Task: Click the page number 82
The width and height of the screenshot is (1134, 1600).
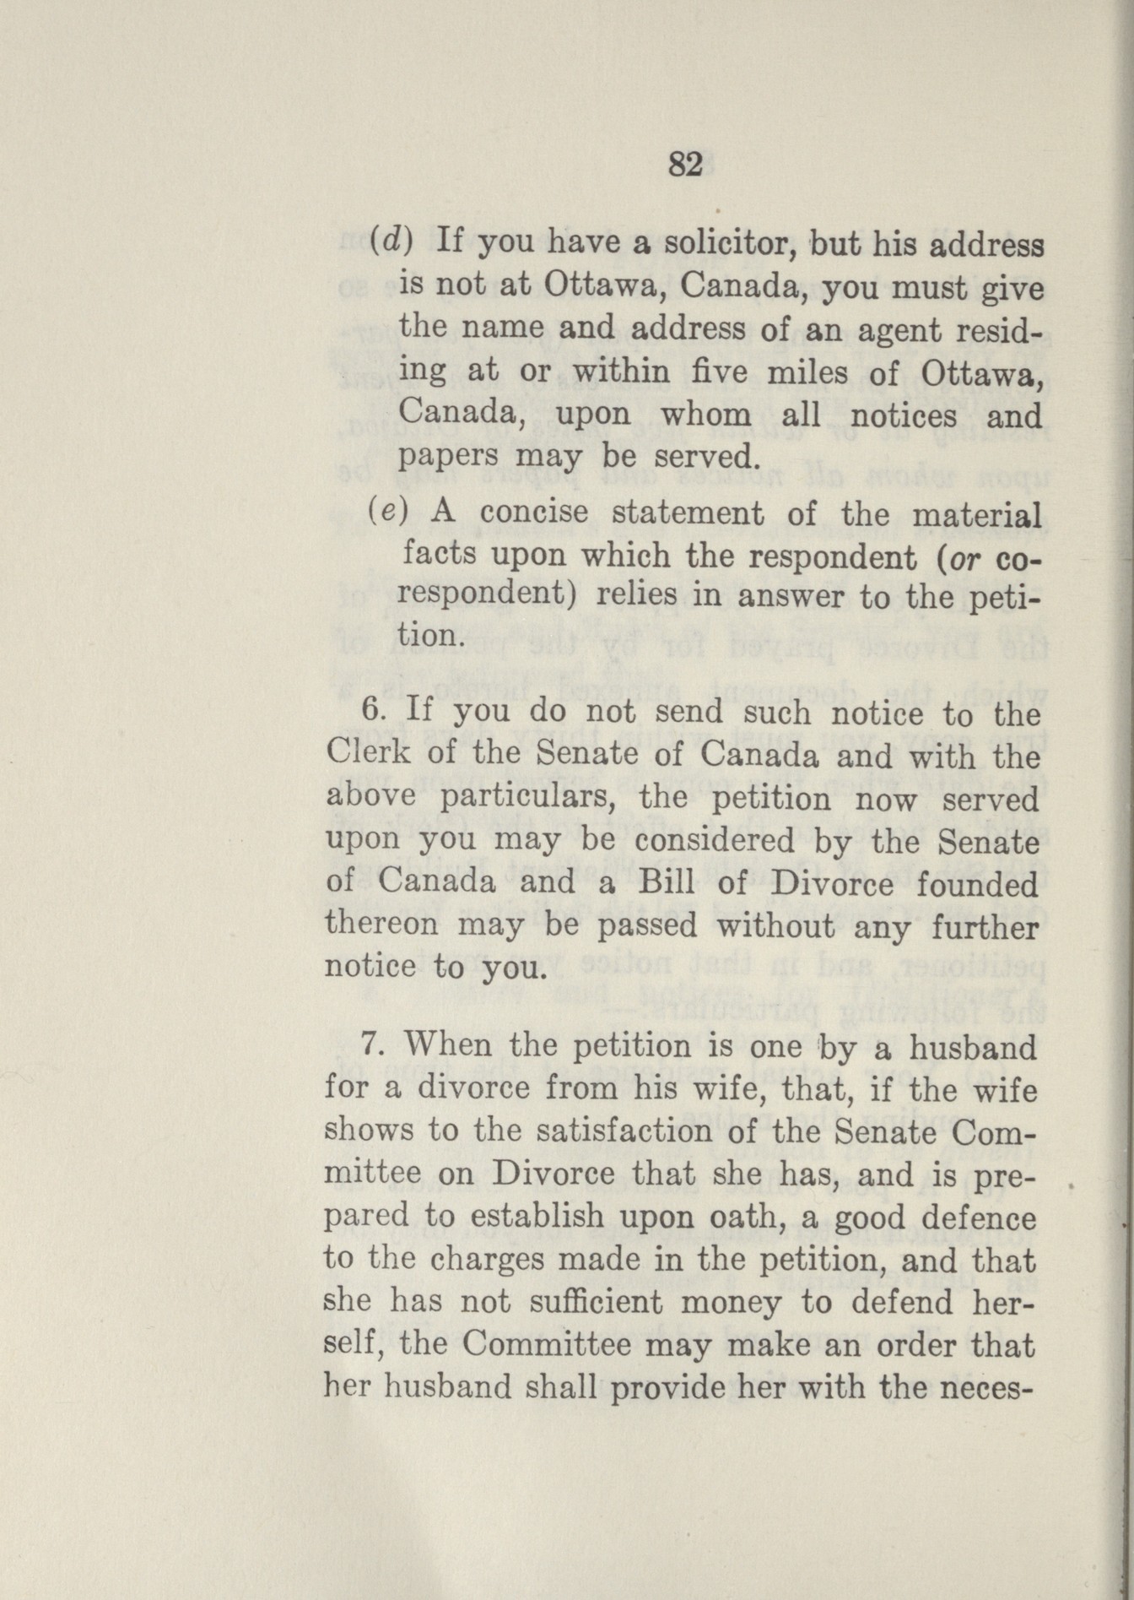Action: click(x=685, y=165)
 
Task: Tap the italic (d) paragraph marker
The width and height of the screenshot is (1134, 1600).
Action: click(x=390, y=242)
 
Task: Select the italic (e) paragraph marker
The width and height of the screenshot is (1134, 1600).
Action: click(x=389, y=513)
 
